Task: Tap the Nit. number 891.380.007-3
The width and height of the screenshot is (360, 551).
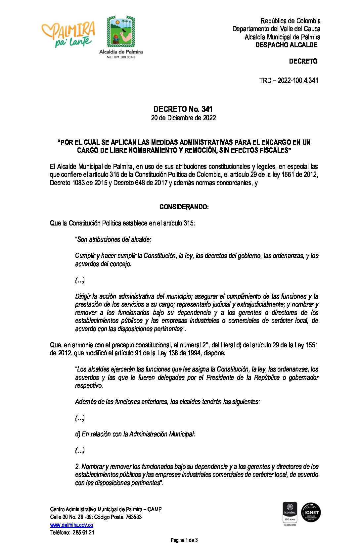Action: pos(121,57)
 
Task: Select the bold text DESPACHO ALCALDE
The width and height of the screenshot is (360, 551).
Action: pos(286,45)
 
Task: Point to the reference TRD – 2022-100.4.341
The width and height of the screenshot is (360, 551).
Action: pos(289,80)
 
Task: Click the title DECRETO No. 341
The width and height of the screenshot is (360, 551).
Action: pos(183,109)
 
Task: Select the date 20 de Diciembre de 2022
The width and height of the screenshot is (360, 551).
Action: pos(183,118)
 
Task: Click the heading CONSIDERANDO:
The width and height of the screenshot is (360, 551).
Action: pos(184,207)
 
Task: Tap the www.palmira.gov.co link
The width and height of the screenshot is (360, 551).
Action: pos(71,525)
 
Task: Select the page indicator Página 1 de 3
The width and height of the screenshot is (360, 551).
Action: pos(184,540)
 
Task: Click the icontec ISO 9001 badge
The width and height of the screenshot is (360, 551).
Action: pos(290,513)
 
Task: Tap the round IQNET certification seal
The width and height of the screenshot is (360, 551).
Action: pos(311,512)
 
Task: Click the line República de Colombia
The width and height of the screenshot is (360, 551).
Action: pos(290,21)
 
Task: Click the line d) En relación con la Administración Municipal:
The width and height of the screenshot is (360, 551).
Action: pos(135,434)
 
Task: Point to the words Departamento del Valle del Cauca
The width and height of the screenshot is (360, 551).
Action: pos(276,29)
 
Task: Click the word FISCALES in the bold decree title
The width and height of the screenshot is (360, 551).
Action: pos(275,150)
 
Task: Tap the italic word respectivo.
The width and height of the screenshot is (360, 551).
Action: pos(89,385)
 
